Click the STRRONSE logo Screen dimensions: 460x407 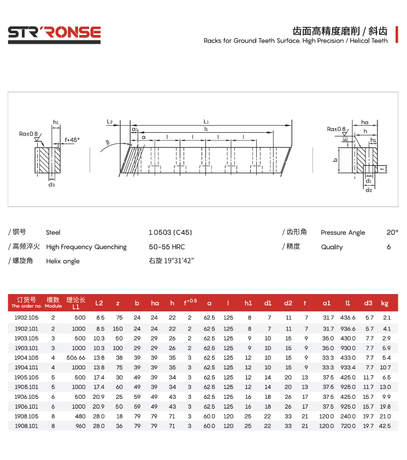[x=54, y=34]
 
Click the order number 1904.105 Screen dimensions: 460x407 [x=26, y=357]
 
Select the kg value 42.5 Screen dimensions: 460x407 [x=385, y=426]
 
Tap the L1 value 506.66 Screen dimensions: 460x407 [x=76, y=357]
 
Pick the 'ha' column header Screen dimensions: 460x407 [x=155, y=303]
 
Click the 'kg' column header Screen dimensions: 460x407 [x=385, y=303]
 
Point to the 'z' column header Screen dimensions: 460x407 [x=117, y=303]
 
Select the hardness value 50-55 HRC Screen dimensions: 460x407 [x=167, y=247]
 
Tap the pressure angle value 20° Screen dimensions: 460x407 [x=392, y=232]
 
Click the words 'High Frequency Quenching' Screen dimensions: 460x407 [x=86, y=247]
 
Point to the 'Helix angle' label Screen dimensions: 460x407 [x=63, y=261]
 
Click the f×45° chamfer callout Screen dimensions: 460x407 [x=72, y=140]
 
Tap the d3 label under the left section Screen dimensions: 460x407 [x=51, y=185]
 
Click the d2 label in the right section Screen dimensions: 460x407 [x=369, y=190]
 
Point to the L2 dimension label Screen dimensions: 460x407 [x=110, y=121]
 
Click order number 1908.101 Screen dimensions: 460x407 [x=26, y=426]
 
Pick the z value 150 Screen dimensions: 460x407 [x=117, y=328]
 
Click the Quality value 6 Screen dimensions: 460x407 [x=388, y=247]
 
